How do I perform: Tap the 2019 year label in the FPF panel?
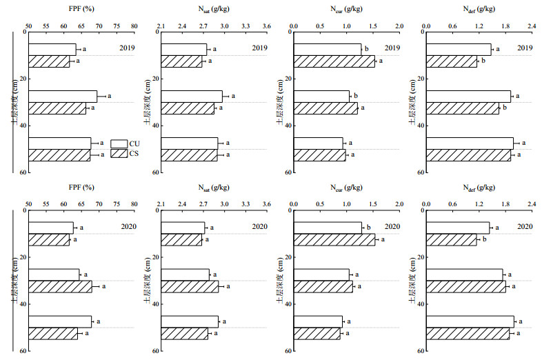point(126,48)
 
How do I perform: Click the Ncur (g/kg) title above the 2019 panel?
point(345,8)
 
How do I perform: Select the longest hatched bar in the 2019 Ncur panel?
point(334,61)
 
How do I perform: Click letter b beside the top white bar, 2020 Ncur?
point(368,227)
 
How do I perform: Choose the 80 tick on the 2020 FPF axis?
point(134,204)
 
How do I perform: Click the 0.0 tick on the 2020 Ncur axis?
point(294,204)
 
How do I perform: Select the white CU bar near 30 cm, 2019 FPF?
point(63,97)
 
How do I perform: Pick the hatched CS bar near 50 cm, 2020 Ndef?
point(468,334)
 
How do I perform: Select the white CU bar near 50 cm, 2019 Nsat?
point(190,143)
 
